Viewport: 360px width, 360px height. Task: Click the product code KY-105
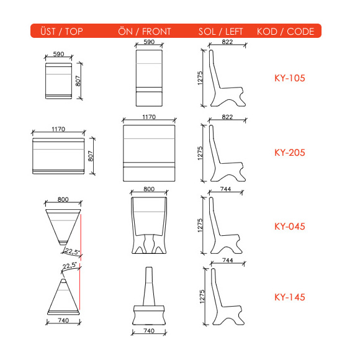(x=289, y=78)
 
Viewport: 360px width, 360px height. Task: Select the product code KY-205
(x=289, y=153)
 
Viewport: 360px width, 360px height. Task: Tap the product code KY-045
(x=289, y=227)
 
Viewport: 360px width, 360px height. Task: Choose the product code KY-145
(x=289, y=297)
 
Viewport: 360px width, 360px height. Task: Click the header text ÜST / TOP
(x=61, y=31)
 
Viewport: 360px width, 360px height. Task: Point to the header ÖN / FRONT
(x=145, y=32)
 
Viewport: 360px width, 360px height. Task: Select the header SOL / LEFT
(x=220, y=32)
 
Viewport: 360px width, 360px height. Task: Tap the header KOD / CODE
(x=286, y=32)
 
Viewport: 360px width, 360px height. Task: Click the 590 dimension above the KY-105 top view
(x=58, y=54)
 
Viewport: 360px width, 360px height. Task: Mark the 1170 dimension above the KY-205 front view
(x=149, y=117)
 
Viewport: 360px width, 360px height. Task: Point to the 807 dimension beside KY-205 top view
(x=91, y=156)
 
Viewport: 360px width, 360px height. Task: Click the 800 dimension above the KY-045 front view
(x=149, y=189)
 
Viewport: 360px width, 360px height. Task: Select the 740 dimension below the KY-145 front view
(x=149, y=331)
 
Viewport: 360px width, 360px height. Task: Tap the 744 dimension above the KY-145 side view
(x=228, y=260)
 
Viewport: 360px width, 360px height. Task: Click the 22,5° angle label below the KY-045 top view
(x=72, y=251)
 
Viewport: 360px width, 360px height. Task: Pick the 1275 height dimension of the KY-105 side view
(x=200, y=78)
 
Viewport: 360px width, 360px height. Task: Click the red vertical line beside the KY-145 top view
(x=79, y=287)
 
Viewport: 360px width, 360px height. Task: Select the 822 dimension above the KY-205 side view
(x=227, y=117)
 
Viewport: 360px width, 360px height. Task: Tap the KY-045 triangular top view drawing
(x=63, y=226)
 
